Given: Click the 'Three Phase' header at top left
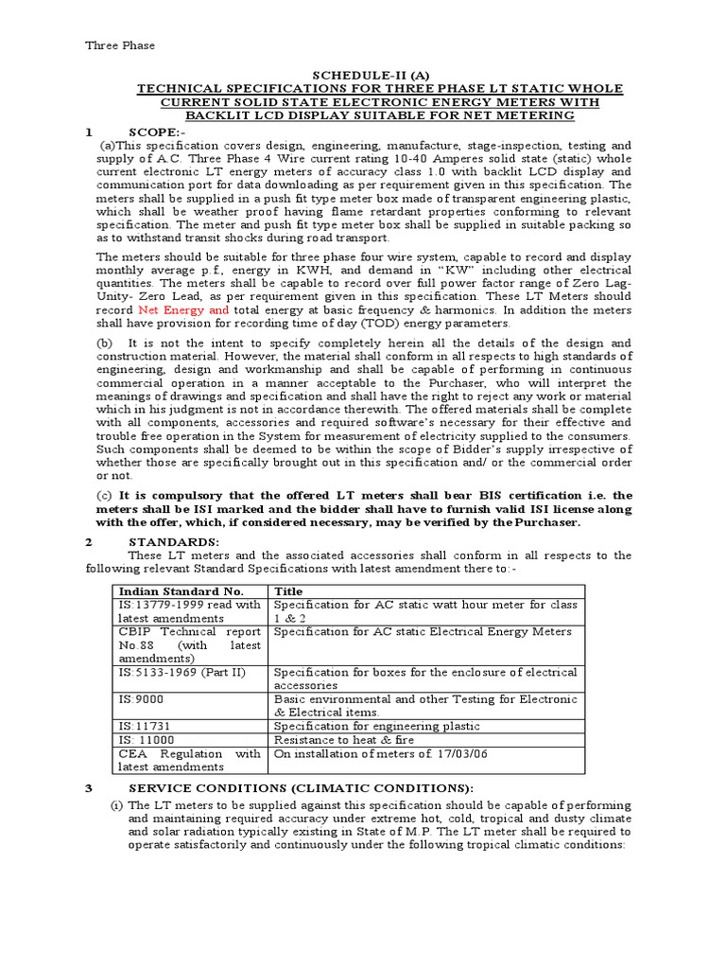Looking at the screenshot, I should click(x=120, y=44).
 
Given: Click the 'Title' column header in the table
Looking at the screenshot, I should click(x=287, y=591).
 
